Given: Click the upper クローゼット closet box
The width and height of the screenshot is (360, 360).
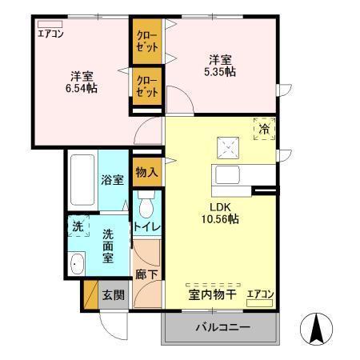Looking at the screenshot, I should pos(146,42).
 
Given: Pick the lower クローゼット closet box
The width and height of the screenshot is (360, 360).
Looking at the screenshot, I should pos(146,86).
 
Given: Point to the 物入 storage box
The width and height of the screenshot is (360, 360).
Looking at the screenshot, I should pos(146,171).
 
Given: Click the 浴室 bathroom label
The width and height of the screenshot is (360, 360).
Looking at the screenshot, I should pos(112,180).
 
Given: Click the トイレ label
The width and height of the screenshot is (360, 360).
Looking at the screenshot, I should pos(146,227).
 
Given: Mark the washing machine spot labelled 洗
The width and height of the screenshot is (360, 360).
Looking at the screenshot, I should pos(78,226).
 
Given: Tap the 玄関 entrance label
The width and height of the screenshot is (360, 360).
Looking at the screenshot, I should pos(113,294).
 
